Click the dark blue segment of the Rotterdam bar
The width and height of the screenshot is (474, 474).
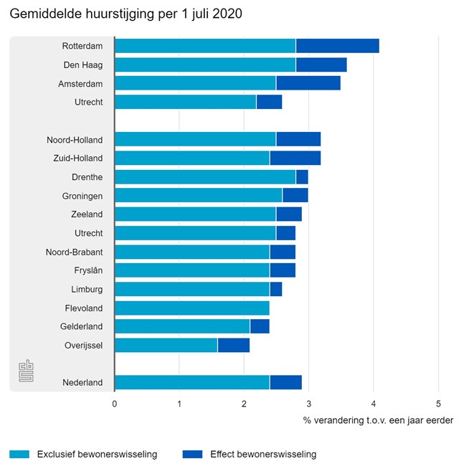click(x=337, y=47)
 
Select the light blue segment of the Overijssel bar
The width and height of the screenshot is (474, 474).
click(x=166, y=345)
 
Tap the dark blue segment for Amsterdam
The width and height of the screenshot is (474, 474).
click(x=308, y=84)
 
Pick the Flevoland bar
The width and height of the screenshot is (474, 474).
click(x=191, y=308)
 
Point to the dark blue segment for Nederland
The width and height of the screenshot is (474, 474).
click(x=285, y=382)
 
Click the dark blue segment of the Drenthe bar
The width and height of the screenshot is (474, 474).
click(x=301, y=177)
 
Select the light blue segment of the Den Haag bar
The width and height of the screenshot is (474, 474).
click(x=205, y=65)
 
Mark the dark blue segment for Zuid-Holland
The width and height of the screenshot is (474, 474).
click(x=295, y=158)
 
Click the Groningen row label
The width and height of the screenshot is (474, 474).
click(x=82, y=196)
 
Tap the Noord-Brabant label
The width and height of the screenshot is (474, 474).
click(x=75, y=252)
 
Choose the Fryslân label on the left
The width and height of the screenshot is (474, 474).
click(x=85, y=270)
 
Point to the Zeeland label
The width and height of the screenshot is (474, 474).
click(x=86, y=214)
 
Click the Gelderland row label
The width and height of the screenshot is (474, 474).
click(x=81, y=326)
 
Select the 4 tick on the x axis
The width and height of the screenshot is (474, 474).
click(x=373, y=403)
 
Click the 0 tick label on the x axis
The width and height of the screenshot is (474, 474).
click(x=115, y=403)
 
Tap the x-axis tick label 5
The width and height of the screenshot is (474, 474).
click(x=437, y=403)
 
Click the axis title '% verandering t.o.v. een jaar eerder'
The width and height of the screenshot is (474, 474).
click(x=378, y=420)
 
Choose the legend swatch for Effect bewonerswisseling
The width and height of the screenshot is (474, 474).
click(x=193, y=454)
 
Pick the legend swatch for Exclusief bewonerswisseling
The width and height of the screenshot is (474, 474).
click(x=20, y=454)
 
